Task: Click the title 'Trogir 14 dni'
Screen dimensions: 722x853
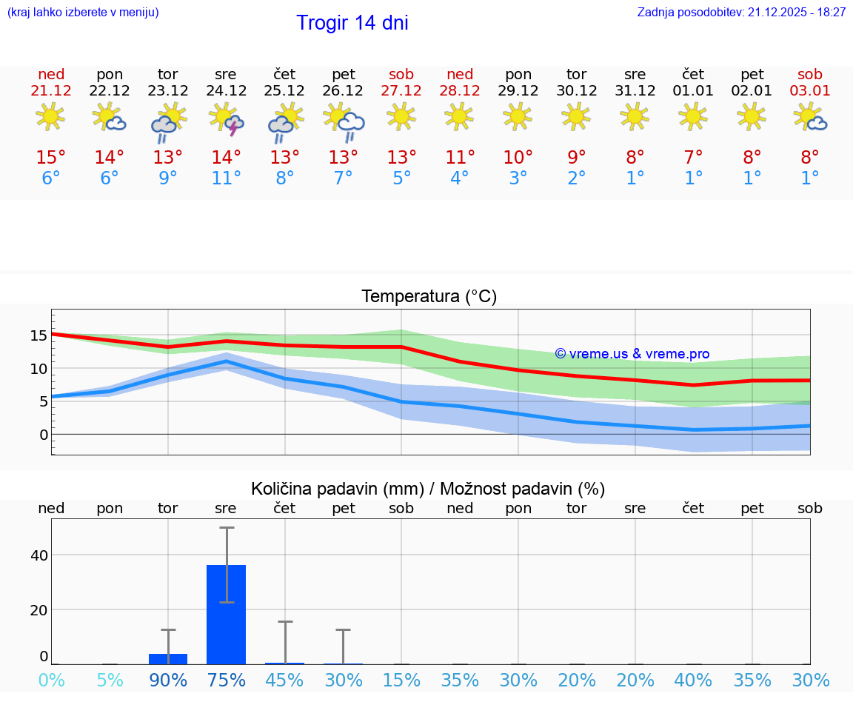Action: coord(352,23)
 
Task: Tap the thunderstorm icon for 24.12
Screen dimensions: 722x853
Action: coord(227,119)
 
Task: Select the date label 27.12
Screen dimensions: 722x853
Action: coord(401,91)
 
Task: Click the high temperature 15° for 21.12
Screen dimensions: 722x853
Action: coord(51,158)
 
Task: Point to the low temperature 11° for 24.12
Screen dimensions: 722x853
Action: coord(227,178)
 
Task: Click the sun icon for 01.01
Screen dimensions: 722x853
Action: coord(693,116)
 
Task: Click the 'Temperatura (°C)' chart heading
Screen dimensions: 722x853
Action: coord(429,297)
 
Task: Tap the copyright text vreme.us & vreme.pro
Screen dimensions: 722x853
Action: coord(632,354)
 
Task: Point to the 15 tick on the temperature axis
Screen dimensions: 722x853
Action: coord(39,335)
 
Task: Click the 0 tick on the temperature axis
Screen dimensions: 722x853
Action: coord(43,435)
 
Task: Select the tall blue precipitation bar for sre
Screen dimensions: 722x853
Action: coord(227,614)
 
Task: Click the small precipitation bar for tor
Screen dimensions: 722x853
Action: coord(168,658)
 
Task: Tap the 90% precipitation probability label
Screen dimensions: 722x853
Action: coord(168,681)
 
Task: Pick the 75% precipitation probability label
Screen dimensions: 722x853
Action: coord(227,681)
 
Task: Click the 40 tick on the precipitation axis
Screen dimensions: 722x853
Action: coord(39,555)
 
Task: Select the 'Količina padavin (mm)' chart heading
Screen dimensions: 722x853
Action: coord(337,489)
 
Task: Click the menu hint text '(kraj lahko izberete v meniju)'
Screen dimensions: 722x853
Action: coord(83,13)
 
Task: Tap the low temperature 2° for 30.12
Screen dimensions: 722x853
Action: coord(577,178)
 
